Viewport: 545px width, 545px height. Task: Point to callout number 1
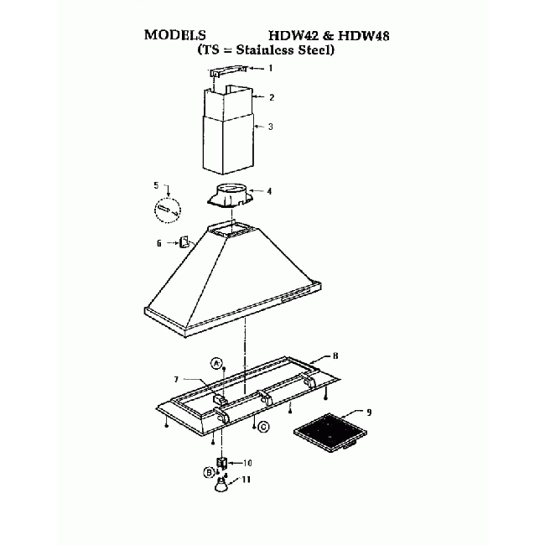pyautogui.click(x=269, y=68)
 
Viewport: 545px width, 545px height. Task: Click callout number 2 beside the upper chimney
pyautogui.click(x=271, y=97)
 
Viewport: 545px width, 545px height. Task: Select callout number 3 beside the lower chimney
pyautogui.click(x=270, y=127)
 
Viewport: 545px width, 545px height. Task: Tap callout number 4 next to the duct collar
pyautogui.click(x=269, y=191)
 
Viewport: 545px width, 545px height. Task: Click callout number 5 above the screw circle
pyautogui.click(x=156, y=184)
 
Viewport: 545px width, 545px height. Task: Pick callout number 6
pyautogui.click(x=158, y=243)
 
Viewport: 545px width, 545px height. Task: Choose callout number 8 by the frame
pyautogui.click(x=335, y=356)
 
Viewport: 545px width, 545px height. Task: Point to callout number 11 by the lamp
pyautogui.click(x=247, y=480)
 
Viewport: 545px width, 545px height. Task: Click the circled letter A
pyautogui.click(x=216, y=364)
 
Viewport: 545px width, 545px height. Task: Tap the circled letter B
pyautogui.click(x=210, y=472)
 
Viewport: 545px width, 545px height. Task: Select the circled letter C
pyautogui.click(x=263, y=427)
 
